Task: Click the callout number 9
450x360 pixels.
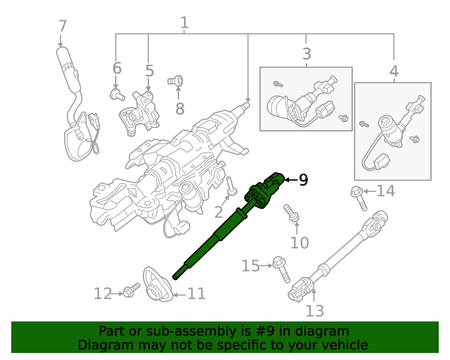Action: (303, 181)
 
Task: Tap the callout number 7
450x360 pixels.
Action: (63, 27)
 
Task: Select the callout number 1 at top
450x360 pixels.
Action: (184, 22)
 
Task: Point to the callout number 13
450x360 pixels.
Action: (314, 310)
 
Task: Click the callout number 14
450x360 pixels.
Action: (385, 191)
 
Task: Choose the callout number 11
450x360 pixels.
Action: (196, 292)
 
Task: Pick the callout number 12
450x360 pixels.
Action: (103, 293)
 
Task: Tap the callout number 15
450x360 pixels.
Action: (251, 266)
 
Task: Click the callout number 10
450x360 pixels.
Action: (300, 243)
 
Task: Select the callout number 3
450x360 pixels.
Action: (307, 53)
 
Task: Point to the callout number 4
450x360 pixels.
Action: (394, 71)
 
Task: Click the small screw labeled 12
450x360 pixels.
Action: (131, 289)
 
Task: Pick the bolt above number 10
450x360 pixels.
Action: (290, 212)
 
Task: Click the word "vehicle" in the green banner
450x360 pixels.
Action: (343, 345)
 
